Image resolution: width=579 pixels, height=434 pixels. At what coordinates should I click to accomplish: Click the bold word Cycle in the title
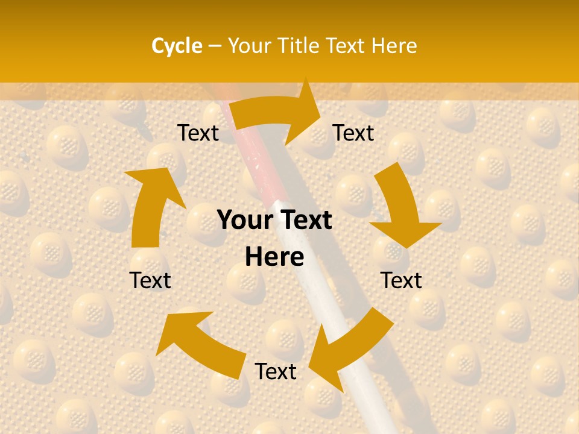click(177, 46)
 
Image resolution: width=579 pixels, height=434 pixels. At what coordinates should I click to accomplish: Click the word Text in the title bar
click(346, 46)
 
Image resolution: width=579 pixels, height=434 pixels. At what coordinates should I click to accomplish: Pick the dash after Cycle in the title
click(215, 46)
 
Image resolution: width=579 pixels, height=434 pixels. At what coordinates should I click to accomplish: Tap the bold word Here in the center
click(274, 257)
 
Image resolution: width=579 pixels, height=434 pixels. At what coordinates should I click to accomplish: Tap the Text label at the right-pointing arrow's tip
click(353, 133)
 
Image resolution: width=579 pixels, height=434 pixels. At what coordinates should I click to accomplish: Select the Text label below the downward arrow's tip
click(401, 280)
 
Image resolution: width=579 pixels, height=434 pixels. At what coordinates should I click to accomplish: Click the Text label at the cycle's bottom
click(276, 372)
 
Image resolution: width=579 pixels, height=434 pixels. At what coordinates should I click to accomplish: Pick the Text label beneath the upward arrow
click(150, 280)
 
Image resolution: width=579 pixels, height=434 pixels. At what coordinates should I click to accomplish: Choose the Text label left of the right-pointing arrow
click(198, 133)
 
